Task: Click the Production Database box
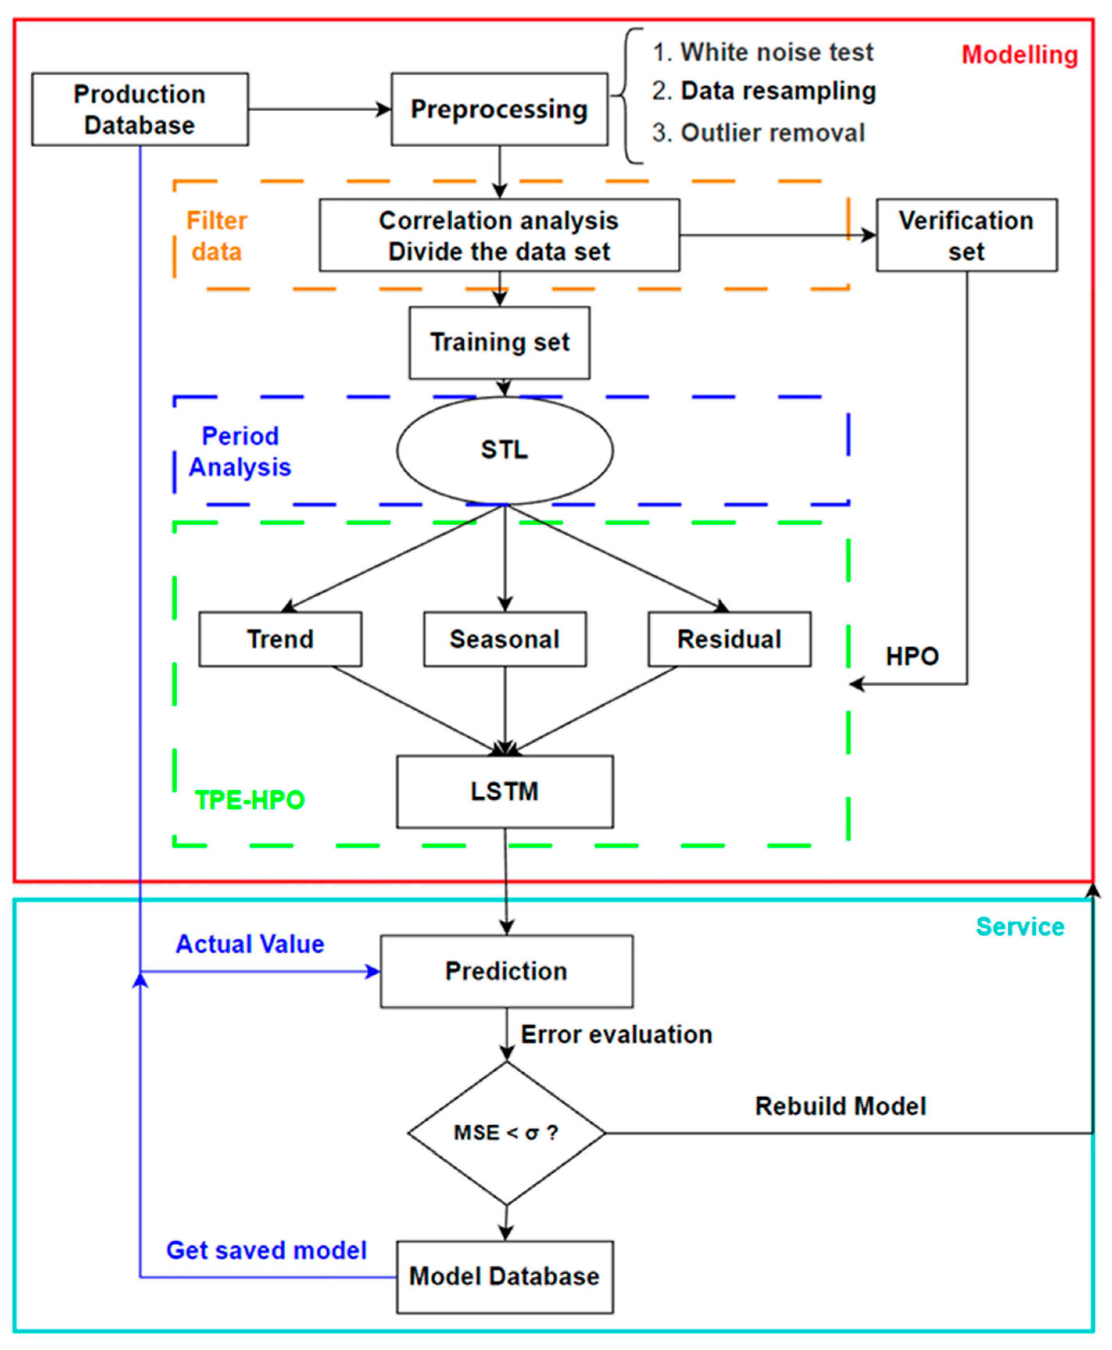coord(140,109)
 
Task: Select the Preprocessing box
coord(499,109)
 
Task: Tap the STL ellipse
coord(504,450)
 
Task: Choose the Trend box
coord(280,639)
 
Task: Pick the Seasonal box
coord(504,639)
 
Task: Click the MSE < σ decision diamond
coord(506,1133)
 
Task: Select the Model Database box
coord(504,1277)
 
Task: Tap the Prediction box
coord(506,971)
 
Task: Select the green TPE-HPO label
coord(249,800)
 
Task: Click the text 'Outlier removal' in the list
coord(772,133)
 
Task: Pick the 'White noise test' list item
coord(776,52)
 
